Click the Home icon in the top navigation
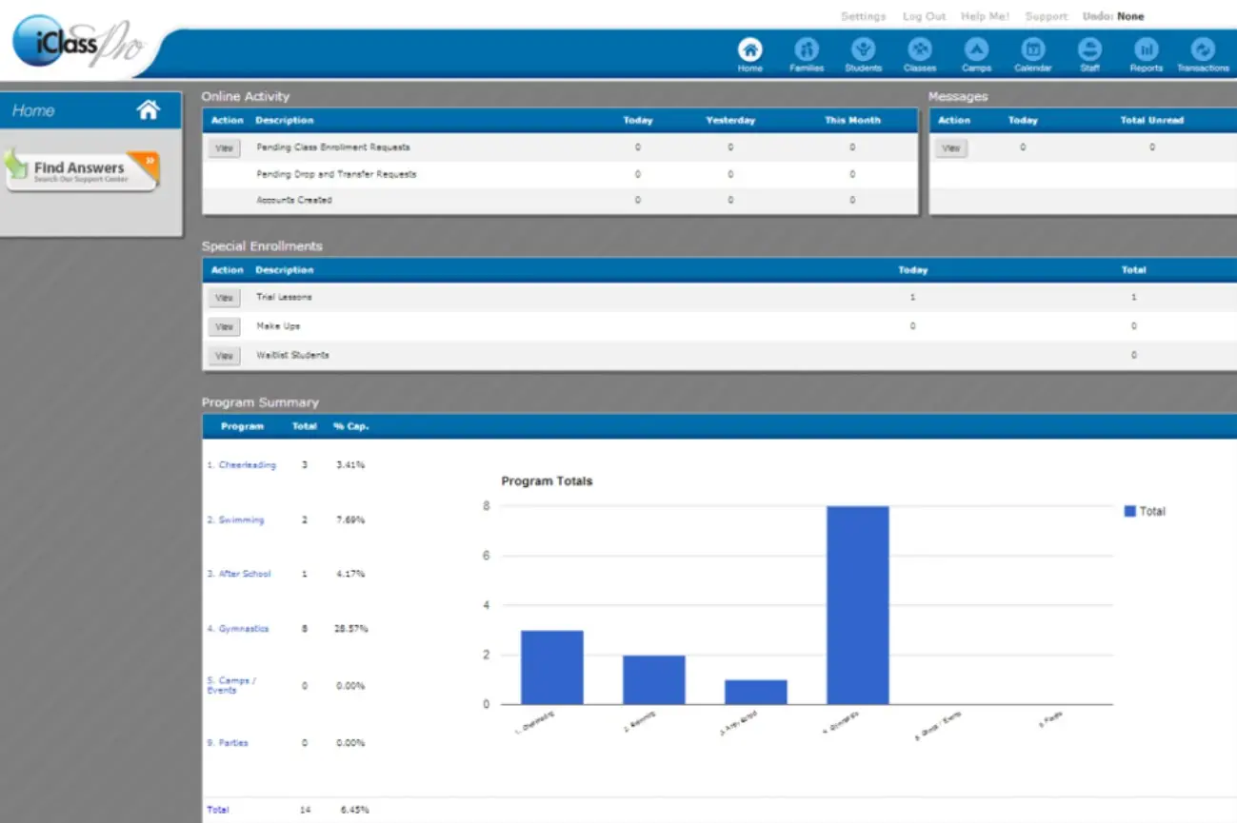point(750,50)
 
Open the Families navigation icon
point(807,50)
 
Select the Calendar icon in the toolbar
point(1032,50)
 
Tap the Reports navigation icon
point(1147,50)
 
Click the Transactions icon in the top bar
point(1203,50)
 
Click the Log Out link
point(924,16)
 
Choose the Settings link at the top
point(863,16)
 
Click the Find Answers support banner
point(82,170)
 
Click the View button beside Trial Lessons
point(224,298)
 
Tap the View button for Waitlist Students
point(224,356)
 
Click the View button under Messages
point(950,147)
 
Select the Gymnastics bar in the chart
point(857,605)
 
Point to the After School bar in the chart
point(755,692)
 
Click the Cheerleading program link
point(247,465)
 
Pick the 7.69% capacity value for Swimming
point(350,520)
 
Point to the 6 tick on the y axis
point(487,556)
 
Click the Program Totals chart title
point(547,481)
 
